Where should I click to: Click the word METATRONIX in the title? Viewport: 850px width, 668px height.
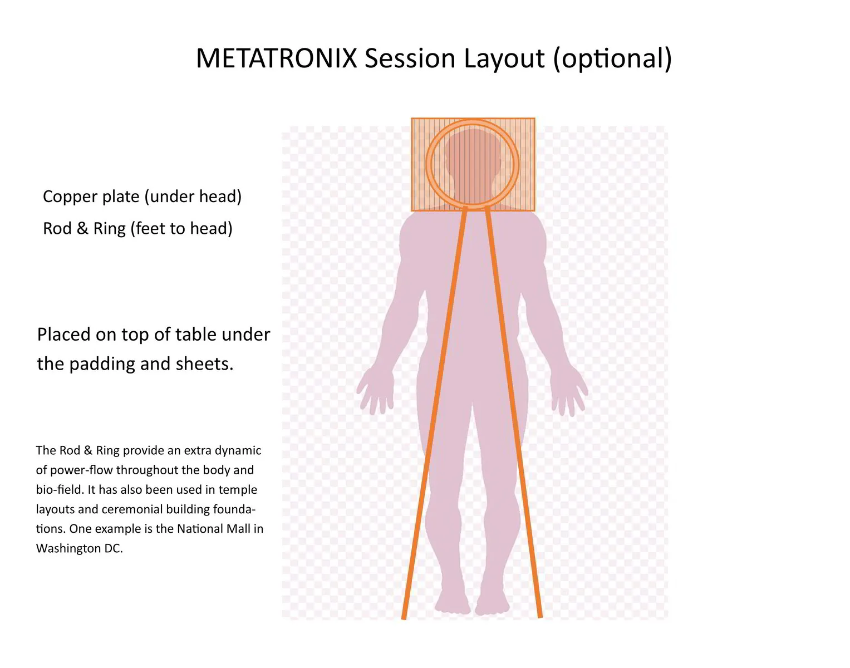[x=276, y=58]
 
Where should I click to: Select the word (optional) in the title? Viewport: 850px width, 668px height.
[x=612, y=58]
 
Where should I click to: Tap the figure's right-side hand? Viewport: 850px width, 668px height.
[x=569, y=392]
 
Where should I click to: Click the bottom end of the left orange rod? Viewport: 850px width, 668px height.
[x=404, y=616]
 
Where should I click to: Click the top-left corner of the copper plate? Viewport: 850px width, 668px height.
[x=412, y=119]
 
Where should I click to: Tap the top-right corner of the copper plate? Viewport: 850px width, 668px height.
[x=534, y=119]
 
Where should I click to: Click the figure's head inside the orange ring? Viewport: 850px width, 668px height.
[x=473, y=161]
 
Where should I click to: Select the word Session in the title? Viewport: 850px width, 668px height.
[x=410, y=58]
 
